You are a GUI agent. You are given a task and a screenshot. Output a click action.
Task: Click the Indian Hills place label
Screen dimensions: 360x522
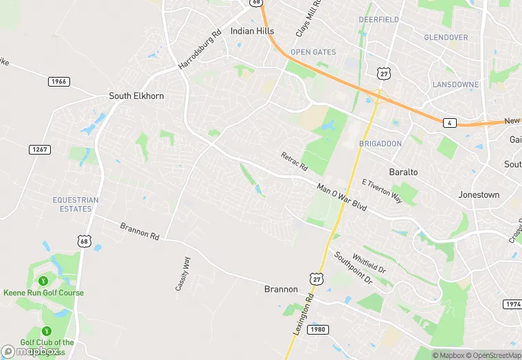pos(252,31)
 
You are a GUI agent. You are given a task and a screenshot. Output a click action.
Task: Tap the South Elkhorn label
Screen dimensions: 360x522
pos(137,96)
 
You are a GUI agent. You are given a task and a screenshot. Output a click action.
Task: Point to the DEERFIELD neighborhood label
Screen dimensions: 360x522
pos(378,20)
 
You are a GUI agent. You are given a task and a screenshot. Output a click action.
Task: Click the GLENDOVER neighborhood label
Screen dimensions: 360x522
pos(446,37)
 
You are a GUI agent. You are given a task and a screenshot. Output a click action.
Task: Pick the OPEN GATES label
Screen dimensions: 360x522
pos(313,52)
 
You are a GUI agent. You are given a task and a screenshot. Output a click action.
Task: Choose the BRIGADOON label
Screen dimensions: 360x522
pos(380,144)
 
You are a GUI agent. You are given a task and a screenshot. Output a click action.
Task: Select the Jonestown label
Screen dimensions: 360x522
pos(479,195)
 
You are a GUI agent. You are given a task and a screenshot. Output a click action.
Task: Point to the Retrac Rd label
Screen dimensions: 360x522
pos(294,162)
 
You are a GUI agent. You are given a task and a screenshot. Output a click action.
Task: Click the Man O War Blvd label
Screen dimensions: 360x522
pos(341,196)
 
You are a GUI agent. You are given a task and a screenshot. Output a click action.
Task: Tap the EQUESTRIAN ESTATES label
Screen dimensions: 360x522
pos(76,205)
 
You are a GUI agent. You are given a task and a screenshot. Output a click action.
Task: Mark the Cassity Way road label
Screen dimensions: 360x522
pos(183,273)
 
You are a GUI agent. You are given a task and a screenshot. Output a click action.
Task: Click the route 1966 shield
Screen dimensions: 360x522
pos(58,82)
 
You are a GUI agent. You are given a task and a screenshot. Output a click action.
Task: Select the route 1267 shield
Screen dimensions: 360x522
pos(39,149)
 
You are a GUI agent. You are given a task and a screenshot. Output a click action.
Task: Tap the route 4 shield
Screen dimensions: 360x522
pos(449,123)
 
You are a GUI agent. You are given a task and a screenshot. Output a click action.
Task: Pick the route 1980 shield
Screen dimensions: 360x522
pos(317,330)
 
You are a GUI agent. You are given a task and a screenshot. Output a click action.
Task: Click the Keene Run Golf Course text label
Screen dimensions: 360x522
pos(43,293)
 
